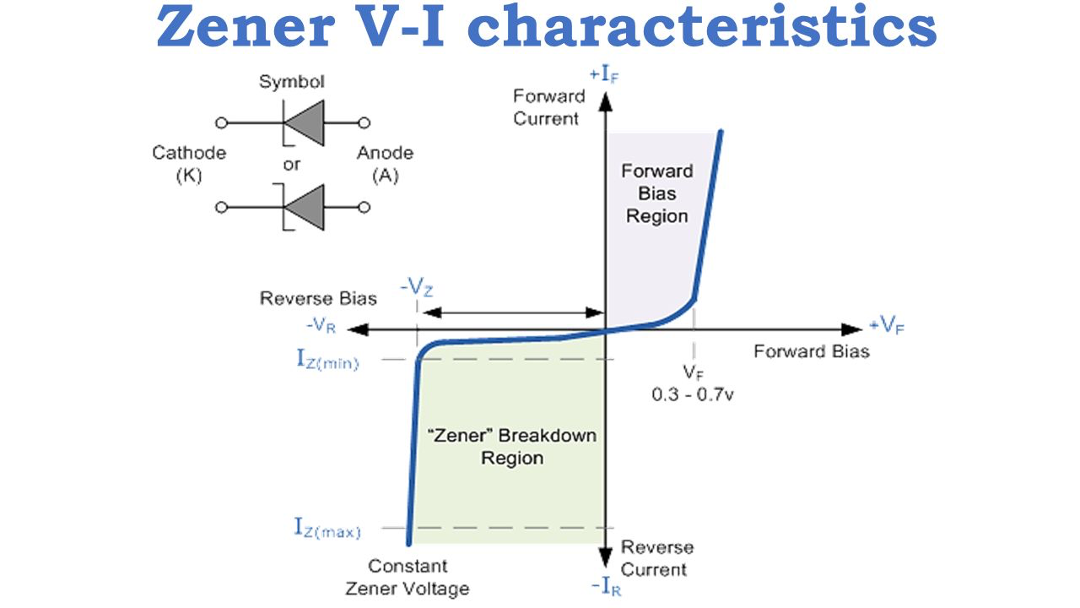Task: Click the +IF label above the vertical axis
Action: (605, 73)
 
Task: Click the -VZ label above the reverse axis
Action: (418, 287)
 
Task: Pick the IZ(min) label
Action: (327, 360)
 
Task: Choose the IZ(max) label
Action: (327, 529)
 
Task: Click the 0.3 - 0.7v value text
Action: (692, 393)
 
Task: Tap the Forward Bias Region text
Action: (656, 193)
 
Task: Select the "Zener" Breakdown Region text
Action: (512, 447)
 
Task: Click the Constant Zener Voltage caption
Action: (408, 577)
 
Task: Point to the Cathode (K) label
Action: (189, 164)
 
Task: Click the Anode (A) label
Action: (385, 164)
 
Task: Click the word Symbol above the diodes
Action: (291, 82)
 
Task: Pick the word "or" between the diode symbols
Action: (291, 164)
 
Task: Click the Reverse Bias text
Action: (318, 298)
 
